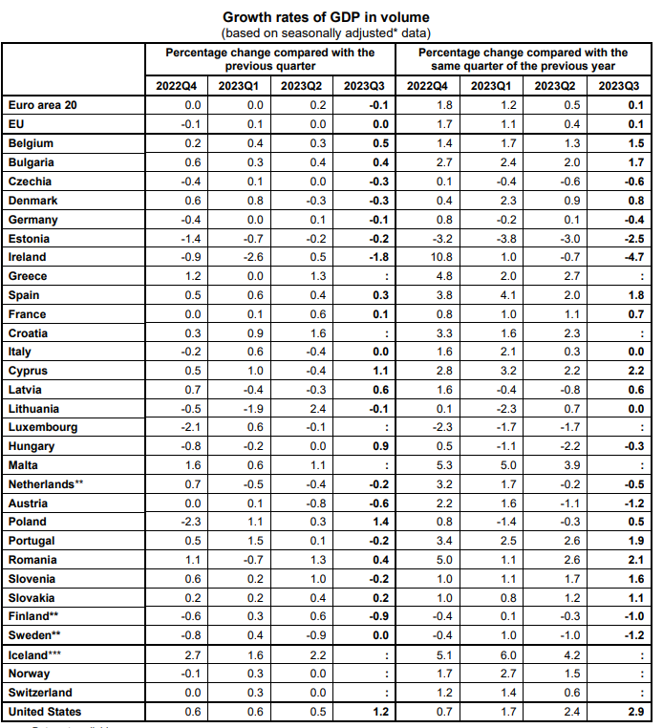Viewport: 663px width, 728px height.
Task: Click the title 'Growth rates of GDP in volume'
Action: click(x=327, y=16)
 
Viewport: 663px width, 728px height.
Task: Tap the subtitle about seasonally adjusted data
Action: click(x=327, y=32)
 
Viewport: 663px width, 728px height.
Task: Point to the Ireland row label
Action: click(x=27, y=257)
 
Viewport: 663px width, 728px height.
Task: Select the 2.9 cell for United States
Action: click(x=634, y=712)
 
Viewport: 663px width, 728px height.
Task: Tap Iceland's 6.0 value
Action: click(x=506, y=654)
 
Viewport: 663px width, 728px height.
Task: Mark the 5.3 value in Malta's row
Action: click(x=442, y=465)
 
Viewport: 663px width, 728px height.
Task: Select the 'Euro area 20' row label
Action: click(x=42, y=105)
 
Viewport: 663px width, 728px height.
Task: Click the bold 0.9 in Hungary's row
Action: click(x=381, y=446)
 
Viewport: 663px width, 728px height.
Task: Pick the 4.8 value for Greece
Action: click(x=442, y=276)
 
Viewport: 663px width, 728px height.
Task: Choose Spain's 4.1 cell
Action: click(x=506, y=295)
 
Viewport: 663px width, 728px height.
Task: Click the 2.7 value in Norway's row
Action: click(x=506, y=674)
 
